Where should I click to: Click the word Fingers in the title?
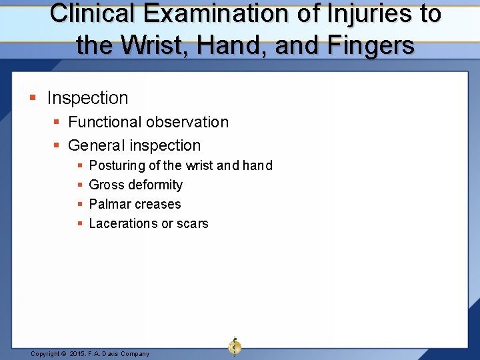371,45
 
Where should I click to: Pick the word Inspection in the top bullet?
87,98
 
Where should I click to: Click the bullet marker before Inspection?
33,99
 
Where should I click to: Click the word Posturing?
117,165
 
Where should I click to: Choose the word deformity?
156,185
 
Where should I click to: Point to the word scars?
193,223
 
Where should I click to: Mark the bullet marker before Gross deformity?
80,185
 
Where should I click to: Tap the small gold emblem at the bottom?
235,347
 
